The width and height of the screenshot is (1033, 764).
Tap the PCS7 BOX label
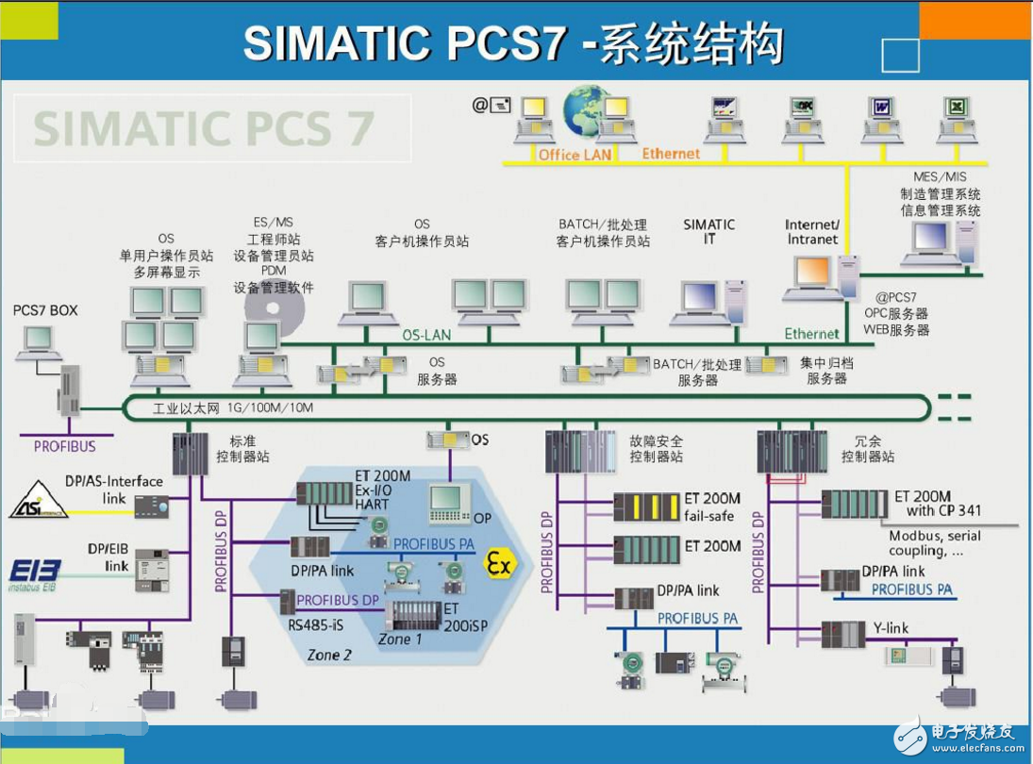tap(45, 310)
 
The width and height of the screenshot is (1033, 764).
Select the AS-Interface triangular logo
tap(39, 502)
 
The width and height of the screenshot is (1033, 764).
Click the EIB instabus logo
tap(35, 573)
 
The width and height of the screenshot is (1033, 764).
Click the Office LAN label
tap(575, 155)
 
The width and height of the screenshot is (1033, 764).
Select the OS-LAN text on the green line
tap(426, 335)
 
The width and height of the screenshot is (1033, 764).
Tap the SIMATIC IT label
tap(708, 232)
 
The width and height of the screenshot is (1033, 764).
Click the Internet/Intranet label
tap(811, 232)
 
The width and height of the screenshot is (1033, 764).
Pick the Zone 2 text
tap(331, 655)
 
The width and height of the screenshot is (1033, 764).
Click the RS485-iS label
tap(316, 623)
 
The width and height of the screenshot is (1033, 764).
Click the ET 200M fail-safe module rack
tap(646, 507)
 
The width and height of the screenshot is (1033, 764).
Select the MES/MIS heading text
tap(940, 176)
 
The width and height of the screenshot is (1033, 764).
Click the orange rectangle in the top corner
tap(975, 20)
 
